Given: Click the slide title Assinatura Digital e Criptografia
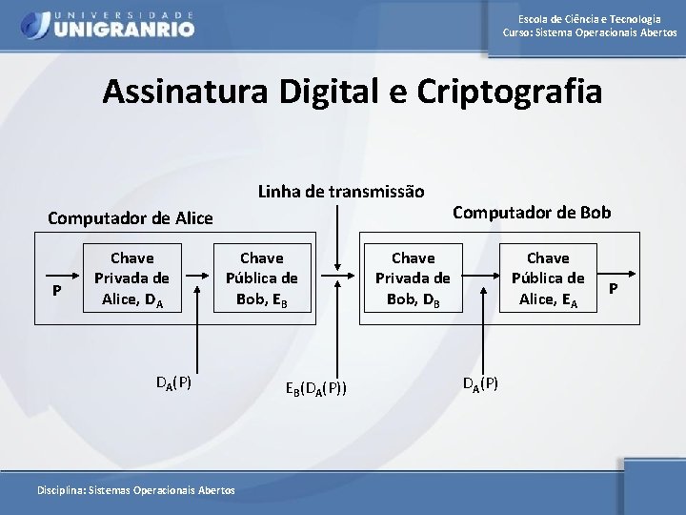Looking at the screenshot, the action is (353, 93).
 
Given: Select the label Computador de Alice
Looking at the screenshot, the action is (131, 218).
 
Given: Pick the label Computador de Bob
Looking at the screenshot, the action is (532, 211).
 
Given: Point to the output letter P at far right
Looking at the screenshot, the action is (614, 287).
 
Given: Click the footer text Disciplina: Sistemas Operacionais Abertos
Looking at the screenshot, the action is (134, 489).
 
